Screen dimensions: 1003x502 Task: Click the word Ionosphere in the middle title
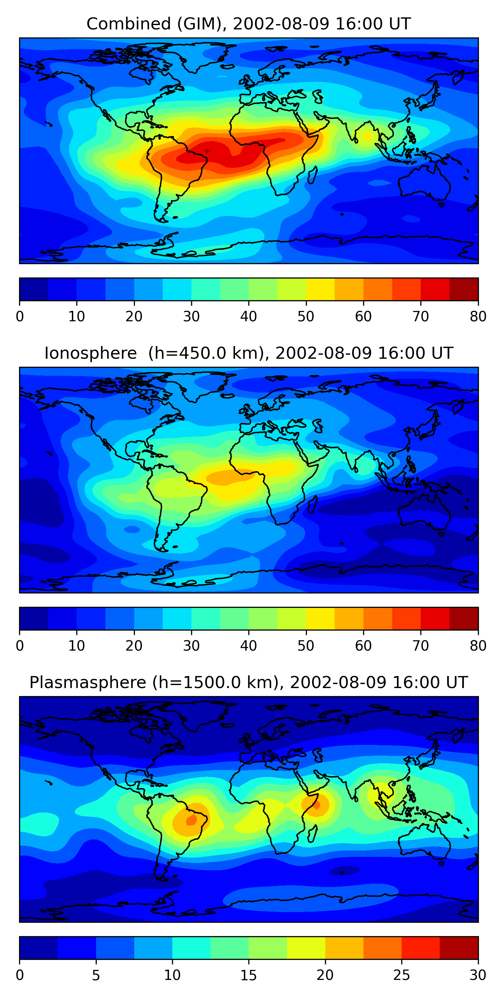click(x=90, y=353)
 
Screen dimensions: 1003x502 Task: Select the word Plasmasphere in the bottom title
click(x=87, y=683)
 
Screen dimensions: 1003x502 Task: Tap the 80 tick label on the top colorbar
click(x=478, y=317)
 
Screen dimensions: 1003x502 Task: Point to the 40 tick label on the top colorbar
click(x=248, y=317)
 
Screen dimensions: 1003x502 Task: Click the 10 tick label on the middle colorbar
click(x=76, y=646)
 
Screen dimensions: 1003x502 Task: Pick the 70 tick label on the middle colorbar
click(x=421, y=646)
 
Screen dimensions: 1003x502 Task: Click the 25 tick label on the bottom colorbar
click(x=402, y=975)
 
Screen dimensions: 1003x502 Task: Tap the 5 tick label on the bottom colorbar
click(x=96, y=975)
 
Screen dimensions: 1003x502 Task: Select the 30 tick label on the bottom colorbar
click(x=478, y=975)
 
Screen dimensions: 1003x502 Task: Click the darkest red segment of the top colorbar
click(x=464, y=289)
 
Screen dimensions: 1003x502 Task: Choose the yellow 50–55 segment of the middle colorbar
click(x=320, y=618)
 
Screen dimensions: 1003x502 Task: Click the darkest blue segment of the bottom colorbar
click(x=38, y=948)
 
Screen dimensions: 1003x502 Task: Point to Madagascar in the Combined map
click(x=312, y=175)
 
